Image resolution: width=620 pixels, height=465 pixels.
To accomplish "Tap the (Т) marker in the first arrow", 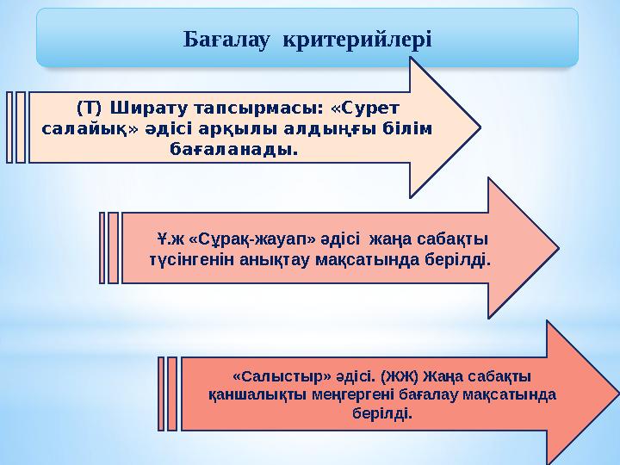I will click(x=88, y=108).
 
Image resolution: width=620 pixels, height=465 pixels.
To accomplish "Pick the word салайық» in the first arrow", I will click(x=82, y=129).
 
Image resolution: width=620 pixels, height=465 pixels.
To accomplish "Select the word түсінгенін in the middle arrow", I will click(x=187, y=258).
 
